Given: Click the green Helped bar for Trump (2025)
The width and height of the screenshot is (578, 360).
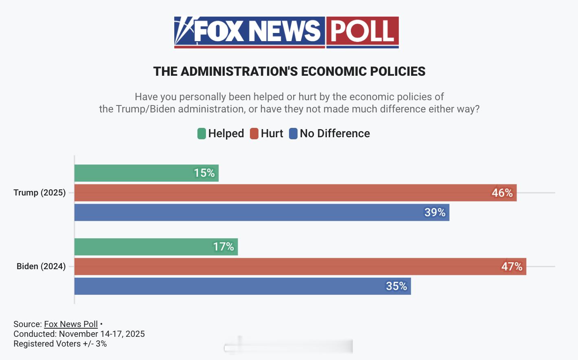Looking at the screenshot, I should click(x=147, y=173).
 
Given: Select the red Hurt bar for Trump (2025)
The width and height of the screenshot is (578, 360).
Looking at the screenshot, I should click(x=295, y=193).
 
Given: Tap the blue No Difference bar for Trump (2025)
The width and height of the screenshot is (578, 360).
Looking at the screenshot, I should click(x=262, y=213).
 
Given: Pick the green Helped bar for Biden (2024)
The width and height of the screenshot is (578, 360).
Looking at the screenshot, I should click(x=156, y=247).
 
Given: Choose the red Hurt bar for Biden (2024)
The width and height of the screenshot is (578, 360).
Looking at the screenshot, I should click(x=300, y=266).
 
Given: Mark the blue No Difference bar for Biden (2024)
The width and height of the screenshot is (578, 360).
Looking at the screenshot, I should click(x=243, y=286).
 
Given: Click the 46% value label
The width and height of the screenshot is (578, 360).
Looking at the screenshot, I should click(x=502, y=193).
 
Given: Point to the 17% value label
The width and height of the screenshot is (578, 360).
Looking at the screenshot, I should click(x=223, y=247).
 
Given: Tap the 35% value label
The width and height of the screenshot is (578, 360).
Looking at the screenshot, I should click(x=396, y=286).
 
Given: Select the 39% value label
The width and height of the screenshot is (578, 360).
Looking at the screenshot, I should click(x=435, y=213).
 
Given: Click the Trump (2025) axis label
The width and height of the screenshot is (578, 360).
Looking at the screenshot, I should click(x=39, y=193).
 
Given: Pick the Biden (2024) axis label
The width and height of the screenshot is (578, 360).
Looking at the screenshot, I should click(x=41, y=266).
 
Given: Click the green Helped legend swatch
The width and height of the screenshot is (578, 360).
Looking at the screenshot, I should click(x=201, y=134).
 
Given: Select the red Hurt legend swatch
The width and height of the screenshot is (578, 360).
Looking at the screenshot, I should click(x=254, y=134).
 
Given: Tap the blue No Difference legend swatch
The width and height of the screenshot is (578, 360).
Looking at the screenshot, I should click(x=293, y=134).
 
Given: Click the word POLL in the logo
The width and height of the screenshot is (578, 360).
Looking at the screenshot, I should click(x=362, y=31).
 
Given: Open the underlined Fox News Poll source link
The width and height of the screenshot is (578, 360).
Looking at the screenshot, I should click(x=71, y=324).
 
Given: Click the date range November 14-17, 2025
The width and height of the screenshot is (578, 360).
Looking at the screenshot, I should click(x=102, y=334).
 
